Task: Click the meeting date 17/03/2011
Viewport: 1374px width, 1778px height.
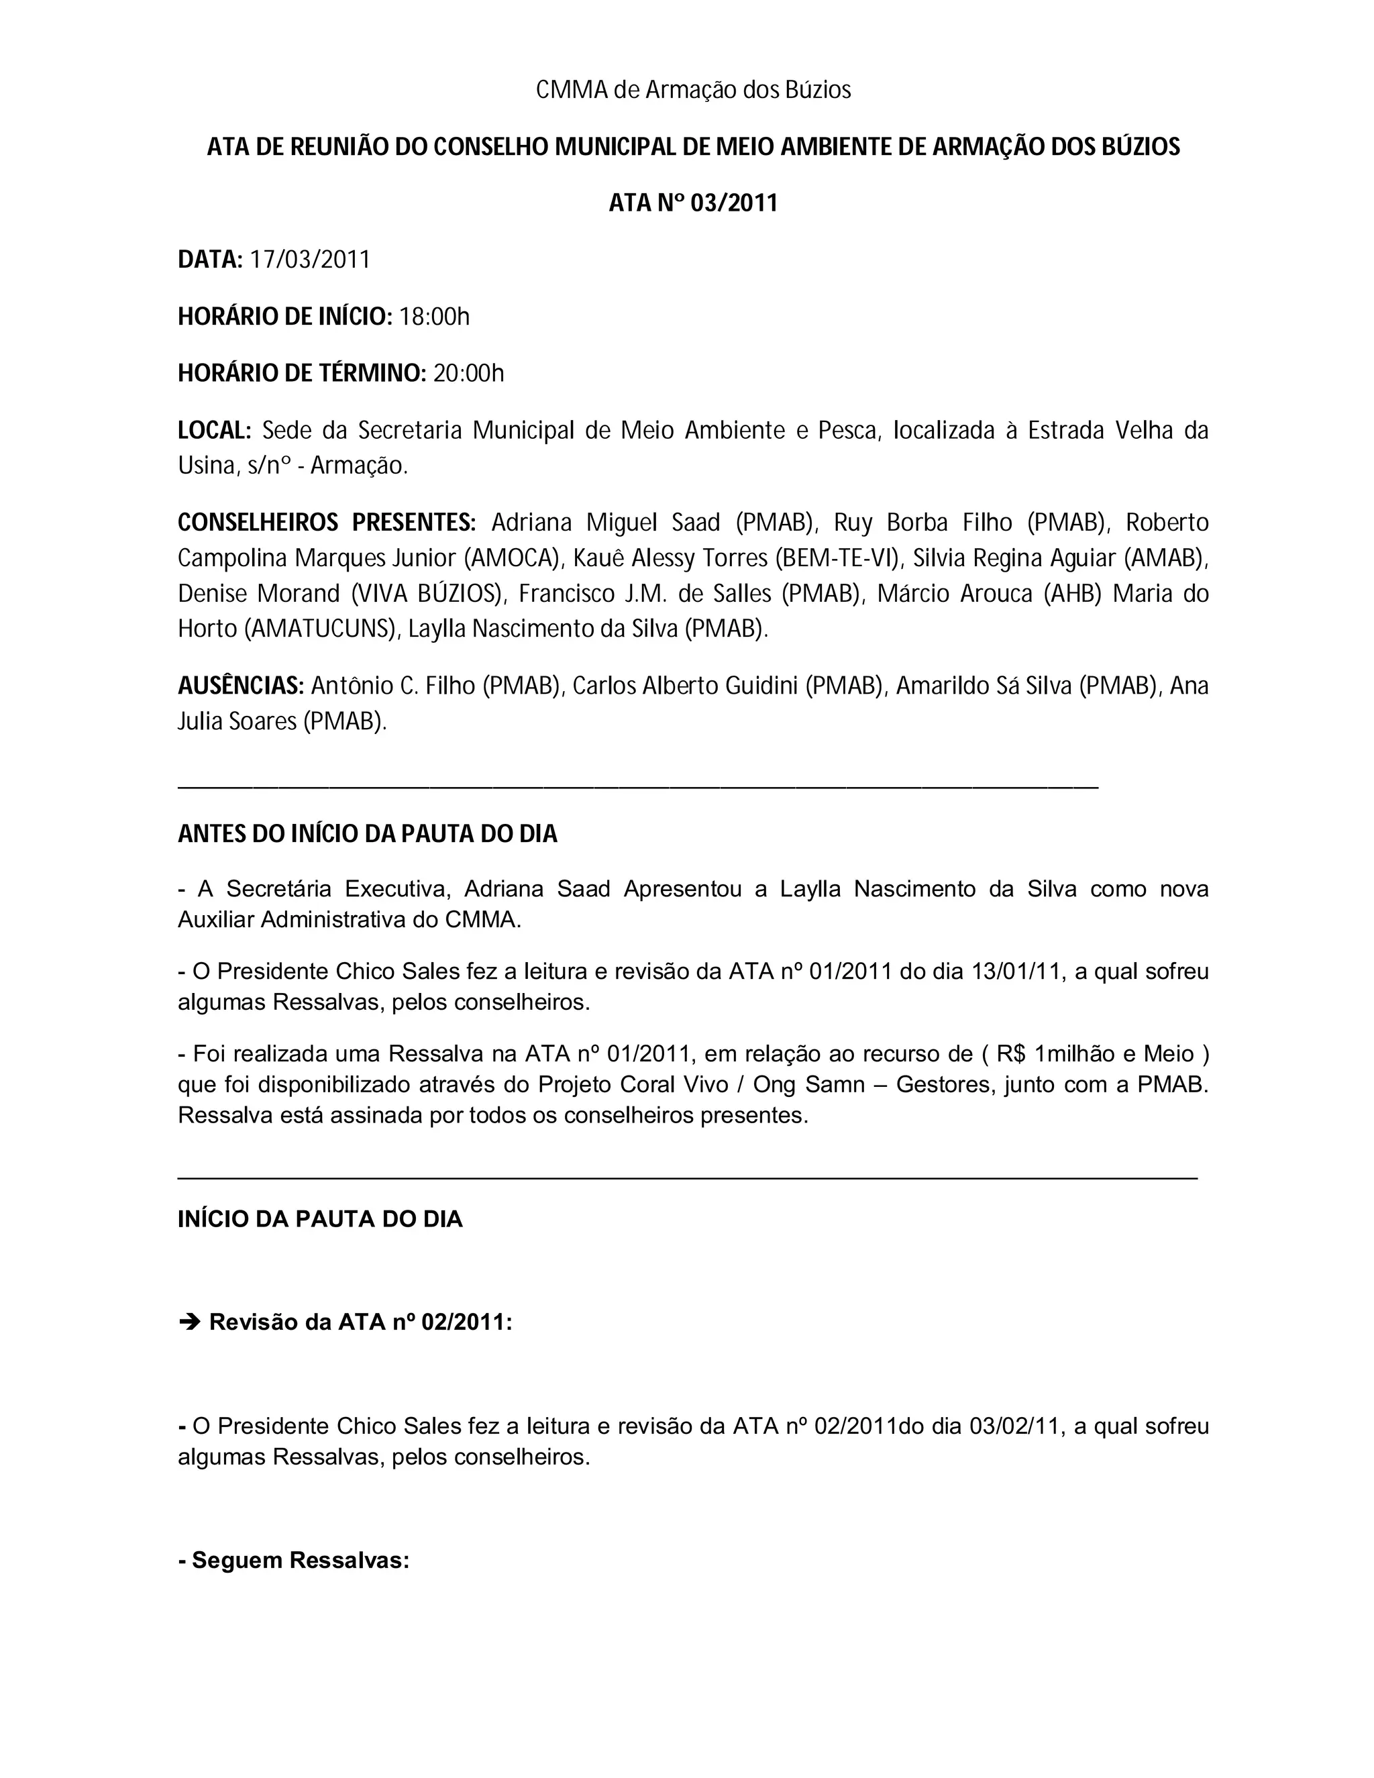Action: pyautogui.click(x=309, y=260)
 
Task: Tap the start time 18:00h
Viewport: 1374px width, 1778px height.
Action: pyautogui.click(x=434, y=317)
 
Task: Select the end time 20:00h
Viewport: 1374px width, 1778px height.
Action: pyautogui.click(x=468, y=374)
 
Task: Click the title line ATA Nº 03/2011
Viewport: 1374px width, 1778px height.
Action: pyautogui.click(x=692, y=203)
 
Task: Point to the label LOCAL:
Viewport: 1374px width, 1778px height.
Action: pyautogui.click(x=214, y=430)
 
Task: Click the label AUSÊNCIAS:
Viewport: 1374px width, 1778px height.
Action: pyautogui.click(x=241, y=686)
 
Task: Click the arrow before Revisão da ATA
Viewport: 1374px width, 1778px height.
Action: pyautogui.click(x=189, y=1321)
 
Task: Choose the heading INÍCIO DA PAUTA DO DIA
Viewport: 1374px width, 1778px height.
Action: pyautogui.click(x=320, y=1218)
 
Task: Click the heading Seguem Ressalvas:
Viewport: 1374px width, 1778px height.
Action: pyautogui.click(x=294, y=1561)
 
